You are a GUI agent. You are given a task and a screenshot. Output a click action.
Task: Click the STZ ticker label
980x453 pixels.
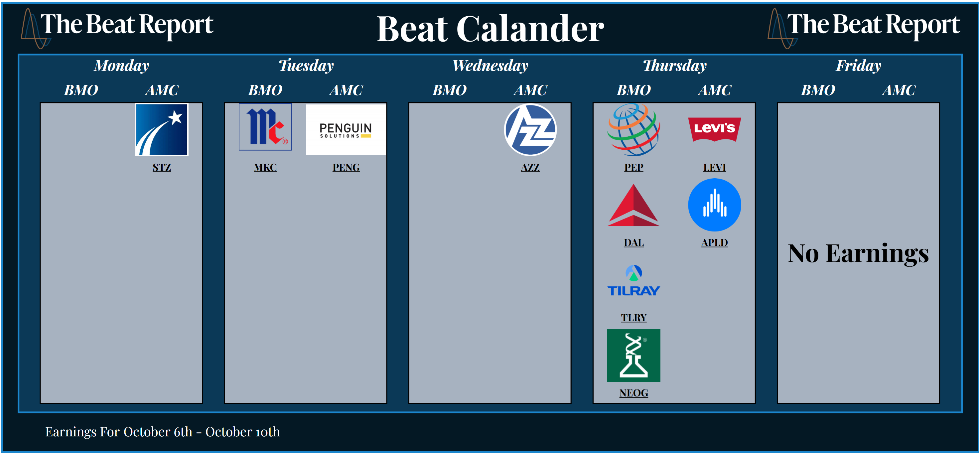162,167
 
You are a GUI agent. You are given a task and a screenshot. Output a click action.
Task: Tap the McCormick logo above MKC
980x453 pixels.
265,127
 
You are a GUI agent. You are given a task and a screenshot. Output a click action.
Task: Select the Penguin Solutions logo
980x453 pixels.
346,129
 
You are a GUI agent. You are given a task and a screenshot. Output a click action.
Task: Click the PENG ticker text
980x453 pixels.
346,167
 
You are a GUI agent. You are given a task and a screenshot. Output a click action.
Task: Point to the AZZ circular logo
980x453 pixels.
530,130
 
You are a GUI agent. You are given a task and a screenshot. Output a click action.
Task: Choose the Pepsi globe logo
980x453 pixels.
633,130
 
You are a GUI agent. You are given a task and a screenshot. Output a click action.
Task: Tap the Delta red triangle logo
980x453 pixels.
633,206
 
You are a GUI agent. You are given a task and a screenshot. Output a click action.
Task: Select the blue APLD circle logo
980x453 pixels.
714,205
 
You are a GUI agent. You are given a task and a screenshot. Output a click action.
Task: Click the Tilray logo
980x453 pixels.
633,281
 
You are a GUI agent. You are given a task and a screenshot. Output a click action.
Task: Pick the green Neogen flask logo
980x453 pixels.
633,355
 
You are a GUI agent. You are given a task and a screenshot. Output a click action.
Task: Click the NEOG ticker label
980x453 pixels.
633,393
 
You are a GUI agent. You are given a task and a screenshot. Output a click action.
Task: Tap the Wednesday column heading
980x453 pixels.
490,66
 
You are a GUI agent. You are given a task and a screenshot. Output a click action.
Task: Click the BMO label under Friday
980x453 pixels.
818,90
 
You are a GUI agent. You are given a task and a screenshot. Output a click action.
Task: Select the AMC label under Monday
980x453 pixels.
162,90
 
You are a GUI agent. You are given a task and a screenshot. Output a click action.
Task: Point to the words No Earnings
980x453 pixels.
858,253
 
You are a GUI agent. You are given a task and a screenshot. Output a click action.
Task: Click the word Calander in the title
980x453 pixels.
530,29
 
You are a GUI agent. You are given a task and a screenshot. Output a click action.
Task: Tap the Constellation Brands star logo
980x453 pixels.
162,130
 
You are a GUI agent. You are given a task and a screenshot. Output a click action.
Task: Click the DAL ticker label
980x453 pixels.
633,243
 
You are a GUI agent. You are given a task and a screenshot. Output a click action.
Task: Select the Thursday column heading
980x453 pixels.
674,66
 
